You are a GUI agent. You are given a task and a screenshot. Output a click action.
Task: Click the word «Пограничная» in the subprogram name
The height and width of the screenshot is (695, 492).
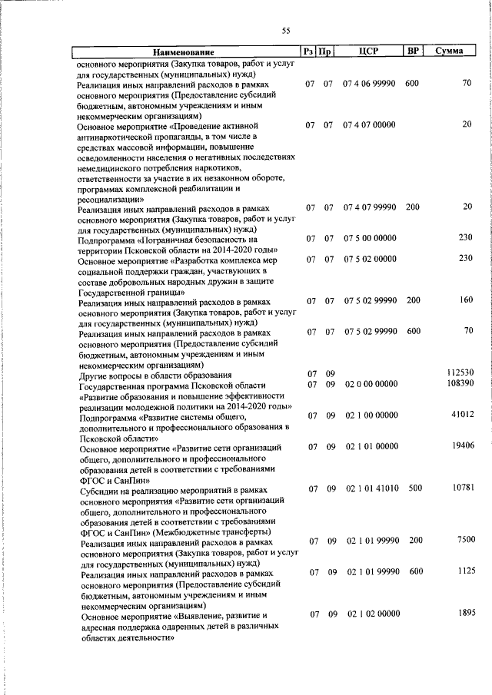click(x=172, y=239)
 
